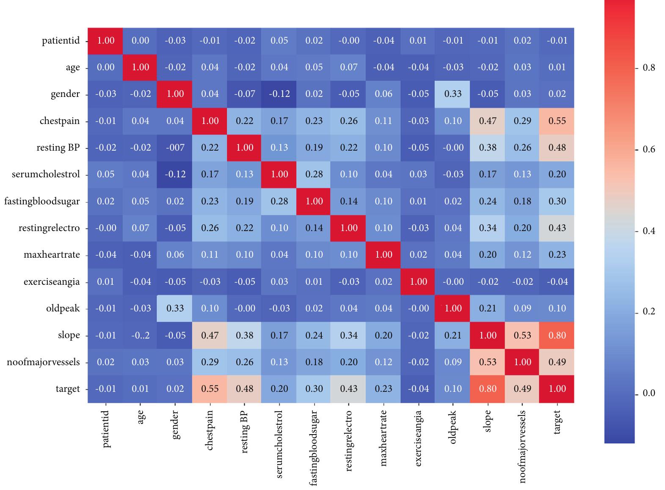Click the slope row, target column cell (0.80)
(x=557, y=335)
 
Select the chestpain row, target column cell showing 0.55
(x=557, y=121)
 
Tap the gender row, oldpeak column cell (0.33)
(x=453, y=94)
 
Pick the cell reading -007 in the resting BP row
(x=175, y=147)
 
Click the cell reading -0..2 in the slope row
(x=141, y=335)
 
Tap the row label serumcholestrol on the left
(x=46, y=174)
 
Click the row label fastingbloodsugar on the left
(x=42, y=201)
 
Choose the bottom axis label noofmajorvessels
(x=522, y=446)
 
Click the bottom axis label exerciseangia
(x=418, y=438)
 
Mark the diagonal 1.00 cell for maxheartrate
(x=384, y=255)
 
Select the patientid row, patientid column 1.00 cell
(x=106, y=41)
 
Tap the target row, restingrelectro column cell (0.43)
(x=349, y=388)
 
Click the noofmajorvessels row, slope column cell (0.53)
(x=488, y=362)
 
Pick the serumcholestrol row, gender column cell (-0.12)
(x=175, y=174)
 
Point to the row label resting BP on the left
(x=58, y=148)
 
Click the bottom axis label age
(x=141, y=417)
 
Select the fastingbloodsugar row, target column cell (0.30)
(x=557, y=201)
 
